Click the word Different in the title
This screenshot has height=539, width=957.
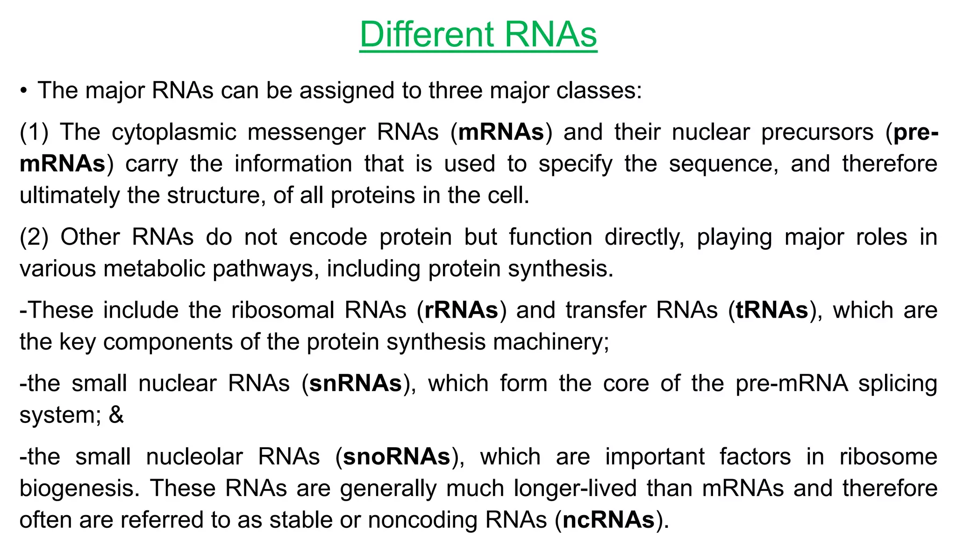click(427, 35)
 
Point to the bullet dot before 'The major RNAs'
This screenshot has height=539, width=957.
click(23, 90)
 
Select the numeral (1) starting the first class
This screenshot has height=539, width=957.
click(34, 132)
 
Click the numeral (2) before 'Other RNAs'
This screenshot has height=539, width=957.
click(34, 237)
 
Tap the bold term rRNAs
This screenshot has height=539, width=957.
click(461, 310)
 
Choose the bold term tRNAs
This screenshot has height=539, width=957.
click(772, 310)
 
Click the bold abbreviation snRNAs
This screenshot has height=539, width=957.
click(356, 384)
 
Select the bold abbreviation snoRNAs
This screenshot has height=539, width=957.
click(396, 457)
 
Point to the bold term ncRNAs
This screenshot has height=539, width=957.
click(608, 520)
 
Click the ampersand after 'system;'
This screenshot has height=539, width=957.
click(116, 415)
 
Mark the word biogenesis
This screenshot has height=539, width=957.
click(79, 489)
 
